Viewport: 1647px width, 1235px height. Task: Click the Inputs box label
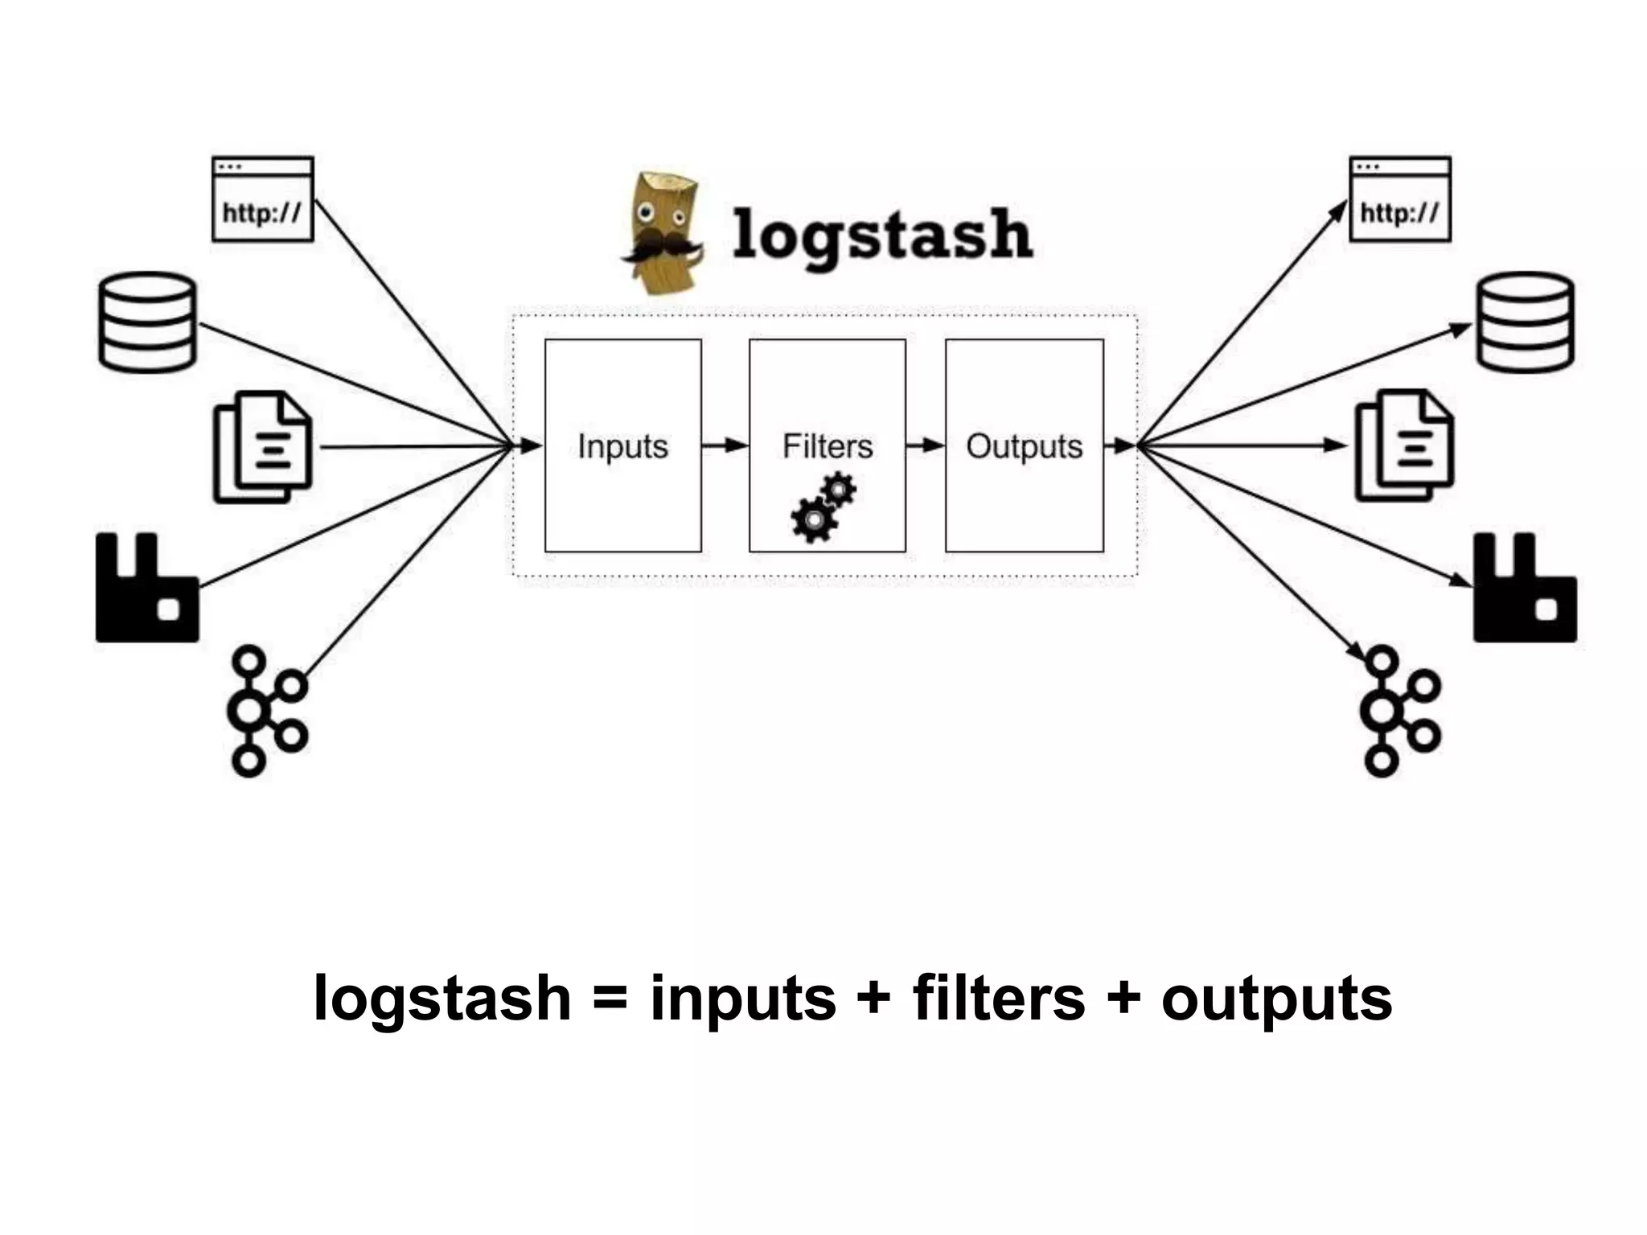coord(622,446)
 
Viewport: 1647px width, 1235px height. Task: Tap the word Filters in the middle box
coord(828,446)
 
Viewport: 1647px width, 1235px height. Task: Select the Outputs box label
coord(1024,446)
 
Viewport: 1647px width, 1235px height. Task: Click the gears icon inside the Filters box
coord(823,508)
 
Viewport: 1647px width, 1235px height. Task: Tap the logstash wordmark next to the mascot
coord(882,234)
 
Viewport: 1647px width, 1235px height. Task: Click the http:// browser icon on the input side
coord(262,199)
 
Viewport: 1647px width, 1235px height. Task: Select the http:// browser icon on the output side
coord(1399,199)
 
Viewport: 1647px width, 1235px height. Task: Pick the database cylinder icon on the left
coord(147,322)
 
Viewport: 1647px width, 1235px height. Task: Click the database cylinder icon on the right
coord(1525,322)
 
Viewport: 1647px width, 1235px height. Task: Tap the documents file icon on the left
coord(262,447)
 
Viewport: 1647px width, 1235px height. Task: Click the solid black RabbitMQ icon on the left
coord(146,589)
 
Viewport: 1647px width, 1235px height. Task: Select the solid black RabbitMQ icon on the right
coord(1524,589)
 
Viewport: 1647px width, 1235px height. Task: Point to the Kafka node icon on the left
coord(265,711)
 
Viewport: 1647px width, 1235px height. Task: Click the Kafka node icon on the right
coord(1399,711)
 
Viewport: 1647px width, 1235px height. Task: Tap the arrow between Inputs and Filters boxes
coord(725,445)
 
